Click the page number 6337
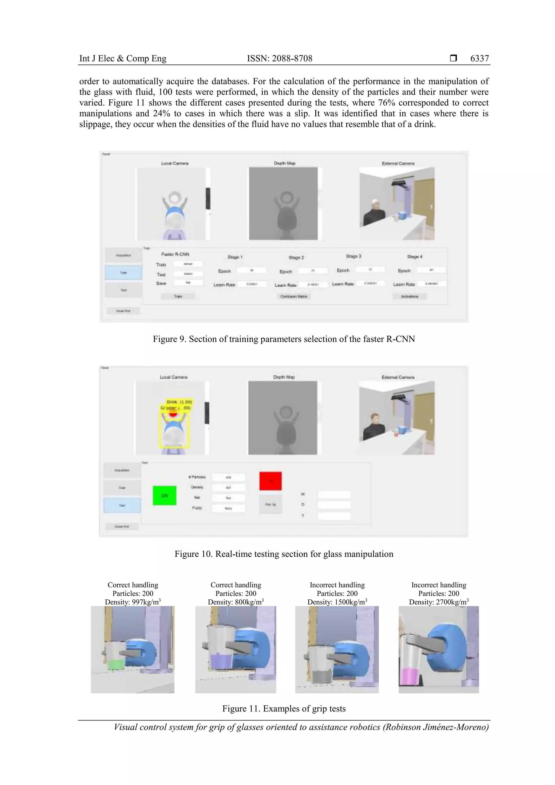[479, 59]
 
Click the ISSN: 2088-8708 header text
[279, 59]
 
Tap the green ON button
[164, 495]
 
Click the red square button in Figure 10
[270, 481]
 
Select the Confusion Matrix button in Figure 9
[294, 296]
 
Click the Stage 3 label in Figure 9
[353, 256]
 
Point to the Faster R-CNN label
[175, 254]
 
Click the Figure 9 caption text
[283, 339]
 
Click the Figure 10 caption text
[283, 554]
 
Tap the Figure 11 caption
[283, 709]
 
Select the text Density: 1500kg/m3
[337, 602]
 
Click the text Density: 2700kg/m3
[438, 602]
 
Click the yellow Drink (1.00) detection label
[179, 402]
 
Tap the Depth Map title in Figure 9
[285, 163]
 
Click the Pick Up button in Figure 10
[270, 504]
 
